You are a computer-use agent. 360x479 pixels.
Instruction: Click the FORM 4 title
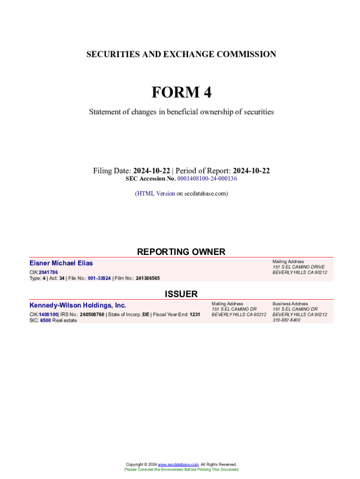181,93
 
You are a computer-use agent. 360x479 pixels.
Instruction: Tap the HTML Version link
156,193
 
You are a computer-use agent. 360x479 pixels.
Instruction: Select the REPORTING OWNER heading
181,252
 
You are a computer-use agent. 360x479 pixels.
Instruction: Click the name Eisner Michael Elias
61,263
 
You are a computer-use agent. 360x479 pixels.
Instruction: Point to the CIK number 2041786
48,272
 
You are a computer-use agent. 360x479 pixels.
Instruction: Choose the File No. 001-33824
99,278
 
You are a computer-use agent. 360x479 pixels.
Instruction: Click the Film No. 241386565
148,278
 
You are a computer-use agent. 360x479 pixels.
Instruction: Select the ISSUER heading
181,294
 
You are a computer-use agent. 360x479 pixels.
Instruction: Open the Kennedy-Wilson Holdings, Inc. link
78,305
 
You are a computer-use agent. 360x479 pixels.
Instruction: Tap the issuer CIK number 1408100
48,314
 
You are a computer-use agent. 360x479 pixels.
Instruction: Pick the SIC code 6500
45,320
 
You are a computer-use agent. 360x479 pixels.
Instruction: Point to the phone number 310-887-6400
287,320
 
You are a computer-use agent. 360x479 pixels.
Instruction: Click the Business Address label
290,304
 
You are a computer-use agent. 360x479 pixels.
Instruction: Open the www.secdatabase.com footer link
178,464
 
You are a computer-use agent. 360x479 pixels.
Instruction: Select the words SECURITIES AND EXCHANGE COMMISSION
181,54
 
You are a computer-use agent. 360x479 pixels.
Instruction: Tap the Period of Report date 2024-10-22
252,171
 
